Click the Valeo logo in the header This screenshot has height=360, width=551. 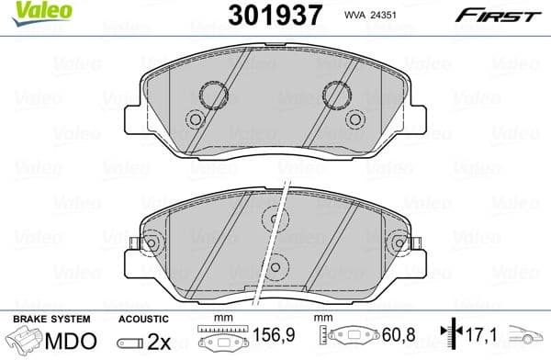30,12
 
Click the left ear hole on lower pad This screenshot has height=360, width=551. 150,243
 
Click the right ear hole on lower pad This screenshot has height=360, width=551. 399,243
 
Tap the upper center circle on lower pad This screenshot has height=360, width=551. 273,218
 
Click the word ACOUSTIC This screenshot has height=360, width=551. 141,320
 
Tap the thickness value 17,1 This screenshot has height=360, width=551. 478,341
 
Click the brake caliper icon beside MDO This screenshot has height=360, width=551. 26,342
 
